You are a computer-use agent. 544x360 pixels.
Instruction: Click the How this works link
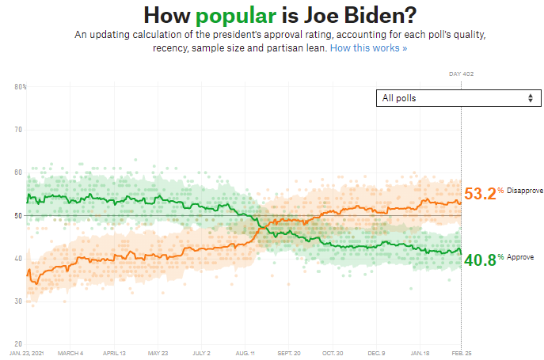[x=368, y=49]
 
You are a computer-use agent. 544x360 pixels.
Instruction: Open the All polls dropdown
[x=458, y=98]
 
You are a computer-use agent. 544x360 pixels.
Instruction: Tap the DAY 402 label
[x=461, y=74]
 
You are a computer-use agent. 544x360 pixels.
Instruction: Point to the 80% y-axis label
[x=20, y=86]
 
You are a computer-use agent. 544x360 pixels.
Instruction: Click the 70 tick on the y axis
[x=19, y=129]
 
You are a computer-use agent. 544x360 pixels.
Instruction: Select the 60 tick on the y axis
[x=19, y=172]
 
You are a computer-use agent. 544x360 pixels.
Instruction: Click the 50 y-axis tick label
[x=19, y=215]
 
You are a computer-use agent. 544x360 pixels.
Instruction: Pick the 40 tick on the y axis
[x=19, y=259]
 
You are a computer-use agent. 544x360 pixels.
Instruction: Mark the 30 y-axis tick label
[x=19, y=301]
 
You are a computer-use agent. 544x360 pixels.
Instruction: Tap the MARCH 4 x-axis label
[x=70, y=352]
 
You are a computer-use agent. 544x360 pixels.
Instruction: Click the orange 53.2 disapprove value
[x=480, y=194]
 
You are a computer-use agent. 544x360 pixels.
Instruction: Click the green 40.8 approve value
[x=480, y=259]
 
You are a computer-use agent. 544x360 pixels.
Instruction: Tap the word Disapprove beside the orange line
[x=524, y=191]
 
